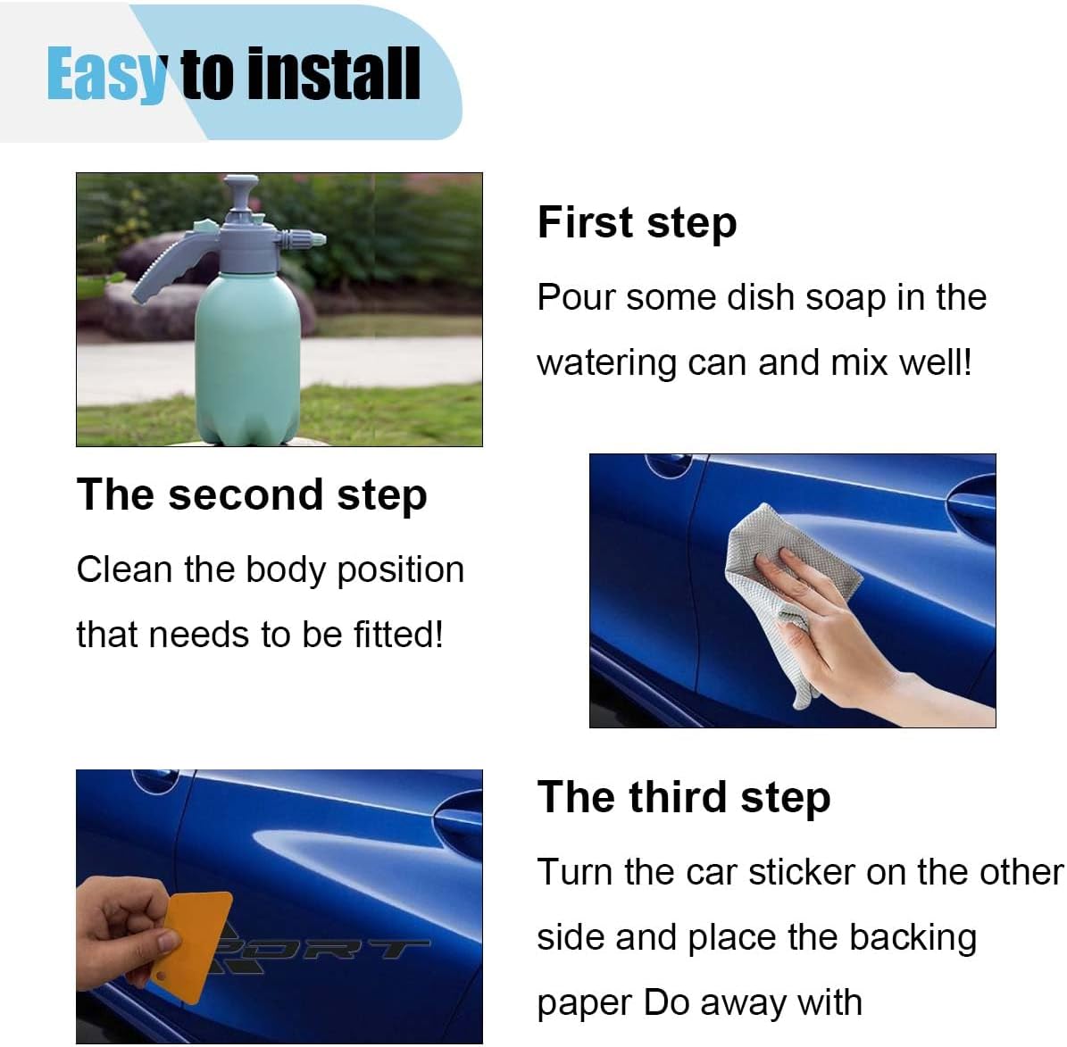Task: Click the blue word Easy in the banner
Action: tap(107, 75)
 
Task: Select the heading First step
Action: tap(637, 222)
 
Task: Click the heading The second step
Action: tap(252, 494)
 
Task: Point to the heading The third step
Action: tap(684, 797)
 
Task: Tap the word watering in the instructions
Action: tap(606, 363)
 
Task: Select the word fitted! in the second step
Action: tap(398, 634)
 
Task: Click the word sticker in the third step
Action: tap(803, 872)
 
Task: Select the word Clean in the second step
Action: tap(124, 569)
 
